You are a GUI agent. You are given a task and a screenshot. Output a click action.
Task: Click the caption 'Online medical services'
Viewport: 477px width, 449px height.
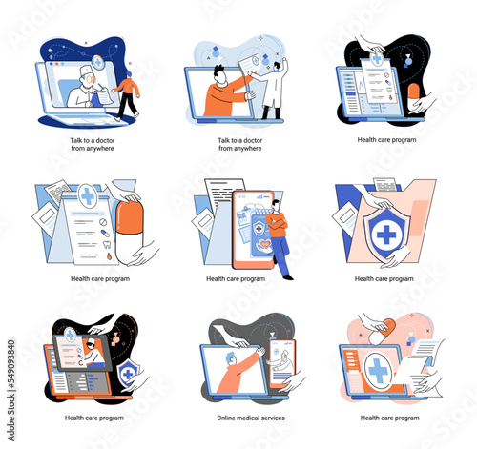[251, 418]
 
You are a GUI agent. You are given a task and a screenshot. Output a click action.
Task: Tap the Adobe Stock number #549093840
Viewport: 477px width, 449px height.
[11, 364]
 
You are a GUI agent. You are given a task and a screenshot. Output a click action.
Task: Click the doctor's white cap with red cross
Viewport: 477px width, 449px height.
[86, 70]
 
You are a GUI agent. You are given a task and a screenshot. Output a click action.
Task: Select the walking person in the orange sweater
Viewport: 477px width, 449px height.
[127, 96]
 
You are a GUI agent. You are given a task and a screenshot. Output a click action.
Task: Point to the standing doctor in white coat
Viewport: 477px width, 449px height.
[275, 88]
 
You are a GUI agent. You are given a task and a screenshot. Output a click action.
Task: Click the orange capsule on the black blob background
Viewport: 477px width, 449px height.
[414, 95]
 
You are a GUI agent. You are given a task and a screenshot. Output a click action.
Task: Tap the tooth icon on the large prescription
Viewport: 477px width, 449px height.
[107, 244]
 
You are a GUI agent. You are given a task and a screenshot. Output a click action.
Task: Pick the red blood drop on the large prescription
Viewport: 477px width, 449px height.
[109, 256]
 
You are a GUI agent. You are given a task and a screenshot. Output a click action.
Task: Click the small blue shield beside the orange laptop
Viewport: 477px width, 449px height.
[128, 374]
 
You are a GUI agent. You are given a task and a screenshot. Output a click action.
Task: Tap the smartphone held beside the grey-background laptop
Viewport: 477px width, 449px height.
[282, 363]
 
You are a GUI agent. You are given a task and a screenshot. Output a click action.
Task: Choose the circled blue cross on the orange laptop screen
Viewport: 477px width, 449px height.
[378, 370]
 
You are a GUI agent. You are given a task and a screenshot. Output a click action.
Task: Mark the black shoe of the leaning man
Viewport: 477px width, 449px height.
[288, 277]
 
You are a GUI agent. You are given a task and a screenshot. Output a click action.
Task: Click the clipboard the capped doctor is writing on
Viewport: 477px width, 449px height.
[105, 96]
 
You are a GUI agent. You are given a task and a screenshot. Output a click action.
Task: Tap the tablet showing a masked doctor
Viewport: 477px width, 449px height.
[82, 353]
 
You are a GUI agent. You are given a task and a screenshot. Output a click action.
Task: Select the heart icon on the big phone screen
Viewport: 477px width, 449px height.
[264, 244]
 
